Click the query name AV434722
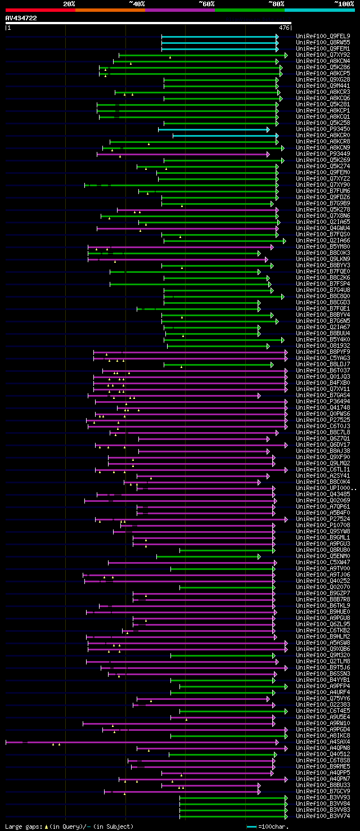(21, 18)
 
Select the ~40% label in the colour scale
(137, 4)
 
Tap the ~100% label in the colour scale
(344, 4)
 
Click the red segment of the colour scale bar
(40, 10)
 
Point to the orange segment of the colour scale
(110, 10)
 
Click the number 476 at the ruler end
(283, 27)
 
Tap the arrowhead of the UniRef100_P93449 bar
(269, 154)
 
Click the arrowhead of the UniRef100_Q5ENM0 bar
(259, 556)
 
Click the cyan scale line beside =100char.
(251, 826)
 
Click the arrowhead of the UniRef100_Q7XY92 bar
(286, 55)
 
